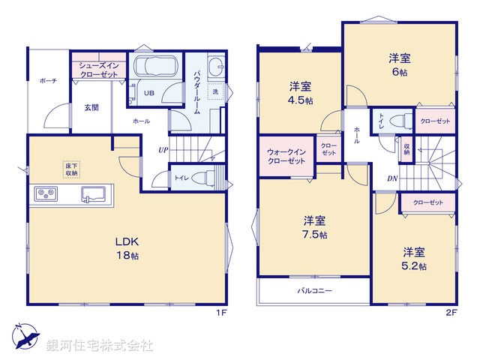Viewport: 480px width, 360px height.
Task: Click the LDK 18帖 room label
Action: (126, 248)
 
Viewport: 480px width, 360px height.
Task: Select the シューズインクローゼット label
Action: (98, 70)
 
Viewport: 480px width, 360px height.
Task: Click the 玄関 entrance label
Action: (91, 107)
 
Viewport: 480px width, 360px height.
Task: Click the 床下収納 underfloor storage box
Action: (72, 169)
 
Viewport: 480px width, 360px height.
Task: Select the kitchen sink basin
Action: (95, 195)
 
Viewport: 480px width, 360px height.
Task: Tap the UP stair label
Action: (162, 150)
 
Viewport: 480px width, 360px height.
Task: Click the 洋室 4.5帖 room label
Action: (301, 91)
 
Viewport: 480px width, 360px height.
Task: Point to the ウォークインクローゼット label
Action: (286, 156)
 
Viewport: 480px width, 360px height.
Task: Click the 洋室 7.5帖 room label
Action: (314, 227)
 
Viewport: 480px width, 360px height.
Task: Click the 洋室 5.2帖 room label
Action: (413, 258)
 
